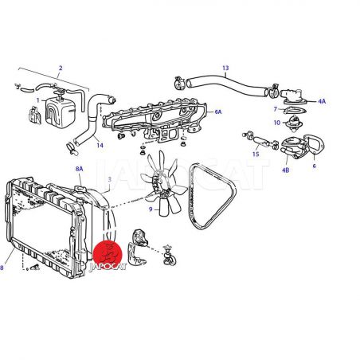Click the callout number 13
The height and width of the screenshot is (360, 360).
click(x=225, y=68)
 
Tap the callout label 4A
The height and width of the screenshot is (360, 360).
click(x=322, y=101)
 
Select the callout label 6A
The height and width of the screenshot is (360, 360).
click(x=218, y=112)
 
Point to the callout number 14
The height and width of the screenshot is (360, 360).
click(x=100, y=145)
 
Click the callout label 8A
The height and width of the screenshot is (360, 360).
click(x=79, y=169)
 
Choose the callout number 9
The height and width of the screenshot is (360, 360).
click(x=151, y=209)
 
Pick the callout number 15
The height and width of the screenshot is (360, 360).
click(x=256, y=155)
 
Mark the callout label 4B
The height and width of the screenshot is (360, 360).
click(x=285, y=170)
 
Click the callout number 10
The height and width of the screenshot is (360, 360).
click(x=277, y=123)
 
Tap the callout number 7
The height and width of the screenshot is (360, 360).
click(x=276, y=109)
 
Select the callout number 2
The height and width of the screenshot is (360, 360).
click(x=61, y=68)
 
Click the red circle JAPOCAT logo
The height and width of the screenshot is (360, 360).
click(x=108, y=254)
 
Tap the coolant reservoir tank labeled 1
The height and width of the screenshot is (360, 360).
click(x=61, y=111)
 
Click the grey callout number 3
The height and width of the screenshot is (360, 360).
click(x=110, y=179)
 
